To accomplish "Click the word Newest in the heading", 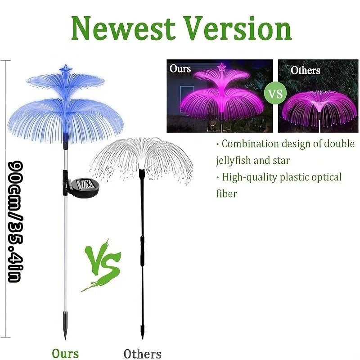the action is click(123, 28).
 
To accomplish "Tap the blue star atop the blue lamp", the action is click(66, 69).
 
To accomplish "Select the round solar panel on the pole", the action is click(85, 186).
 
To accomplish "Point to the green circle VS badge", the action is click(275, 94).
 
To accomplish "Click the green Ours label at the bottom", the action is click(65, 353).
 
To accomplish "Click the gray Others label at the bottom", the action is click(142, 354).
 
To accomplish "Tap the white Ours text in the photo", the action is click(180, 68).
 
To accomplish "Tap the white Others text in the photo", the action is click(305, 70).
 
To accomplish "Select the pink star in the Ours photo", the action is click(222, 67).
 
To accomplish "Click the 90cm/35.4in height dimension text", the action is click(16, 221).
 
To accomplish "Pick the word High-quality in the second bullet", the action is click(250, 177).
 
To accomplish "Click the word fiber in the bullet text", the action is click(226, 193).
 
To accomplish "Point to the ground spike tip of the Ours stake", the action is click(65, 339).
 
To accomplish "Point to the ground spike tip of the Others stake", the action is click(142, 339).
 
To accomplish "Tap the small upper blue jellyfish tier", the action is click(65, 81).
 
